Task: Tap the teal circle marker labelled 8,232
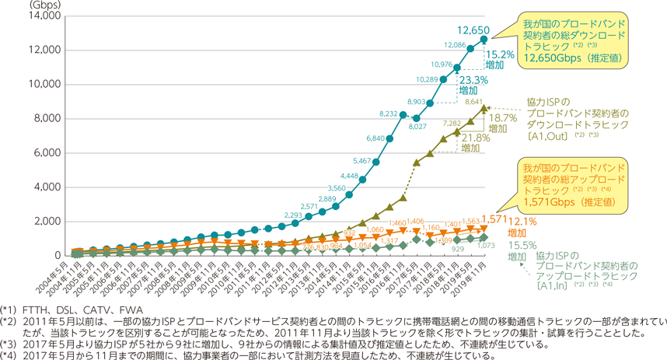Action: click(x=403, y=115)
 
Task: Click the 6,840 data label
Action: click(x=374, y=138)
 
